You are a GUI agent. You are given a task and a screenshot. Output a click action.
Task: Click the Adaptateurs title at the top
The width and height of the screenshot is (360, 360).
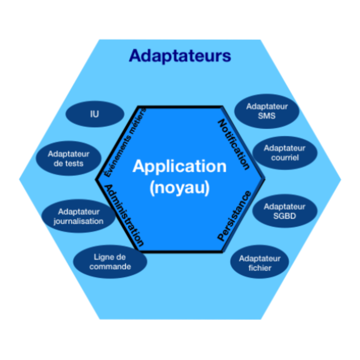click(x=180, y=56)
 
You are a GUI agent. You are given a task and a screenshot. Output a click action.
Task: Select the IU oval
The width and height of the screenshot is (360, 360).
click(x=95, y=114)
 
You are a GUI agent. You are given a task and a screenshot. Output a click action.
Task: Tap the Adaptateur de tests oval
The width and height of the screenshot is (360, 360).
click(x=69, y=159)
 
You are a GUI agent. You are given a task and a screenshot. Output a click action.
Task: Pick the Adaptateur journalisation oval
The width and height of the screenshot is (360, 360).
click(x=78, y=216)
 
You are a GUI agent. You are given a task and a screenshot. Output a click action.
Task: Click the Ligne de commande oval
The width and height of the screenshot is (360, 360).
click(x=110, y=262)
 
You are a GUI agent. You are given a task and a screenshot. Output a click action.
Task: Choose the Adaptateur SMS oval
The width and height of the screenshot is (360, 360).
click(x=267, y=111)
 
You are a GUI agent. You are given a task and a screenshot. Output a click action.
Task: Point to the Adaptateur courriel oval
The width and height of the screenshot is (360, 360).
click(x=285, y=153)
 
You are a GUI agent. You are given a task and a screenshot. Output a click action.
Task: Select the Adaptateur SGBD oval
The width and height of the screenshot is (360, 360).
click(x=285, y=211)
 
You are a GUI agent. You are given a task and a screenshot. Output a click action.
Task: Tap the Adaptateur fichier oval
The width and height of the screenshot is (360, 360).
click(x=260, y=263)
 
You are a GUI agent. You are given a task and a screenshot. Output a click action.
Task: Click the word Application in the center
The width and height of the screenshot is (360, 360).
click(x=180, y=166)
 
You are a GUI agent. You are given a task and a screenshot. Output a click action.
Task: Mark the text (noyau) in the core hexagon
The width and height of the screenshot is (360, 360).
click(x=180, y=188)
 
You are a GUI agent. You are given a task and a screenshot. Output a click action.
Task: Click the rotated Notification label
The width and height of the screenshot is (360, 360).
click(x=234, y=144)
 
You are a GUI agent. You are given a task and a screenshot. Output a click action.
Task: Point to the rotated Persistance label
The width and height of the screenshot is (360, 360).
click(x=234, y=216)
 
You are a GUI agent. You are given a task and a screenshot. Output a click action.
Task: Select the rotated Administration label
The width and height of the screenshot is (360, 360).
click(x=125, y=215)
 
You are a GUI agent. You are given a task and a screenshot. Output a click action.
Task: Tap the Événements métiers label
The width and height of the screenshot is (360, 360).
click(x=125, y=142)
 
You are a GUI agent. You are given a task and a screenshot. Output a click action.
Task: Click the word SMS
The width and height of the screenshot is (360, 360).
click(x=267, y=116)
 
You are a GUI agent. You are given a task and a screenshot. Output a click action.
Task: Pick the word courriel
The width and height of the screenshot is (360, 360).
click(x=285, y=157)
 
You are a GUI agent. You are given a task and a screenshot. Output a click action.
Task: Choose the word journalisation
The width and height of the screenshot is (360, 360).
click(x=78, y=221)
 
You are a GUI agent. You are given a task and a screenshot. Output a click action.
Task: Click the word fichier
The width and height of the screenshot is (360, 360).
click(x=260, y=268)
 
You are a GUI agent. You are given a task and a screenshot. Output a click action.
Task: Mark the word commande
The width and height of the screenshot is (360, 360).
click(x=110, y=267)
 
